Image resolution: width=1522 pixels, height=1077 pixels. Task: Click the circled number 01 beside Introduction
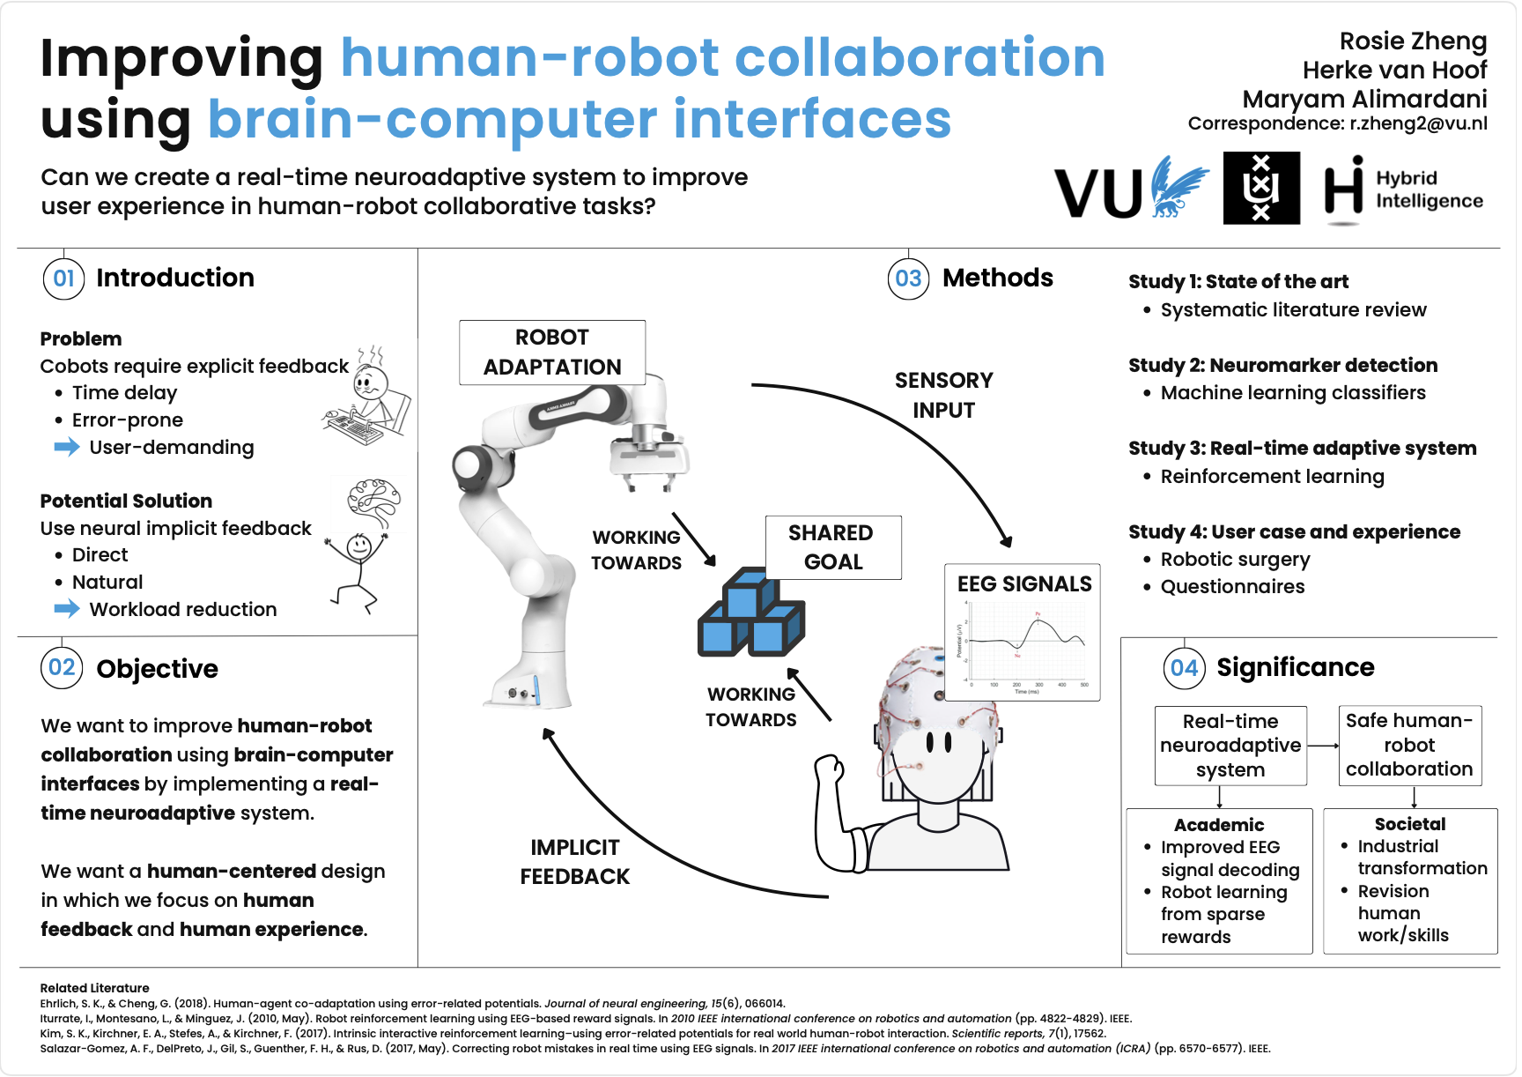pyautogui.click(x=63, y=279)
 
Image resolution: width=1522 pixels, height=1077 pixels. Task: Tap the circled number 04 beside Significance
pyautogui.click(x=1184, y=668)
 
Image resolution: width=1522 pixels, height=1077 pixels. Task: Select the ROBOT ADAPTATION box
pyautogui.click(x=552, y=353)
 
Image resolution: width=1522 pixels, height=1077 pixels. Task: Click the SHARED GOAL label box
pyautogui.click(x=832, y=547)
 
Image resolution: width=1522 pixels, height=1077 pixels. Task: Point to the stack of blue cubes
pyautogui.click(x=750, y=614)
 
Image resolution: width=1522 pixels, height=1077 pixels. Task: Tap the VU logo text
pyautogui.click(x=1098, y=192)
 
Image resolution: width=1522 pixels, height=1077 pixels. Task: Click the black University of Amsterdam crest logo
pyautogui.click(x=1260, y=188)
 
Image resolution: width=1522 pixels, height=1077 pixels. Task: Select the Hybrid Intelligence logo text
pyautogui.click(x=1428, y=189)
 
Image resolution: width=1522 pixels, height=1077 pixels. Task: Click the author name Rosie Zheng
pyautogui.click(x=1412, y=41)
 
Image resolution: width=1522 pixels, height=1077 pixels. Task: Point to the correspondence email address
pyautogui.click(x=1418, y=123)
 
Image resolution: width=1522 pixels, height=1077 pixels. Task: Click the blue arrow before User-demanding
pyautogui.click(x=66, y=447)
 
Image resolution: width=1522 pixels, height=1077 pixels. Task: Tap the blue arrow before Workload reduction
pyautogui.click(x=66, y=608)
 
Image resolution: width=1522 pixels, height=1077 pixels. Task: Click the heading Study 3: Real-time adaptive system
pyautogui.click(x=1302, y=449)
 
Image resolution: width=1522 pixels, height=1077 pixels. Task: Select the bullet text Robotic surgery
pyautogui.click(x=1235, y=560)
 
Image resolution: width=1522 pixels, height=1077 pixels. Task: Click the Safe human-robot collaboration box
pyautogui.click(x=1409, y=746)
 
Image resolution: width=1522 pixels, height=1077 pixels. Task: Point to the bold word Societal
pyautogui.click(x=1409, y=824)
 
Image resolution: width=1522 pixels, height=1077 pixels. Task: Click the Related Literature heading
pyautogui.click(x=94, y=988)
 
